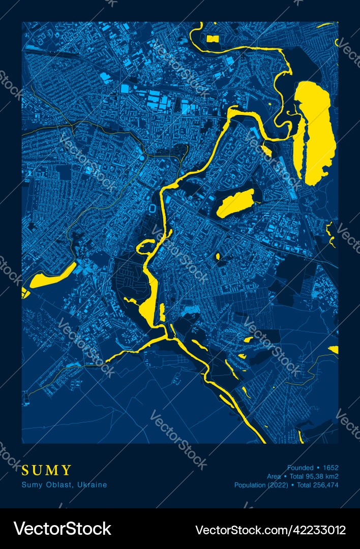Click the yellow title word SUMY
click(x=47, y=470)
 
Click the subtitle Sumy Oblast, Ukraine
click(x=65, y=485)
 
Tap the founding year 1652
click(x=331, y=468)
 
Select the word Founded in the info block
click(x=301, y=468)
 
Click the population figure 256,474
click(x=325, y=485)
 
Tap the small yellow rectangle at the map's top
click(x=213, y=39)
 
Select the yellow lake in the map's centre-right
click(x=235, y=203)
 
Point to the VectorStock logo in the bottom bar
click(x=63, y=529)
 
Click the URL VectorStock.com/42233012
click(x=271, y=529)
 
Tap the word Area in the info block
click(x=274, y=476)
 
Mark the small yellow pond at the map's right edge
click(x=334, y=349)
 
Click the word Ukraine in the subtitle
click(x=94, y=485)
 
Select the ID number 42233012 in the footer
click(x=319, y=529)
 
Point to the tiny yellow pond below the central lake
click(x=218, y=256)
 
